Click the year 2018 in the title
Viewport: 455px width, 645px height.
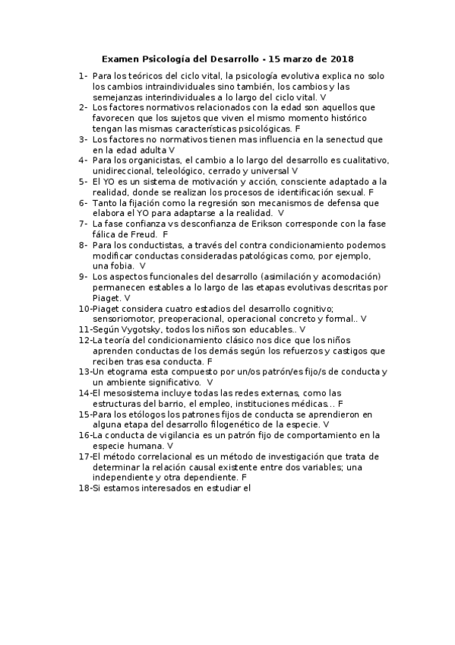coord(341,59)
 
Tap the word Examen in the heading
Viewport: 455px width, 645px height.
coord(120,59)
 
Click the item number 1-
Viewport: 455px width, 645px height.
coord(83,77)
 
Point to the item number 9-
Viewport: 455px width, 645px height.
coord(83,276)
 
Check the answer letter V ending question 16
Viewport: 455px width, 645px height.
coord(169,445)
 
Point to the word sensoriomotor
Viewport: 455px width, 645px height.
coord(125,319)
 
